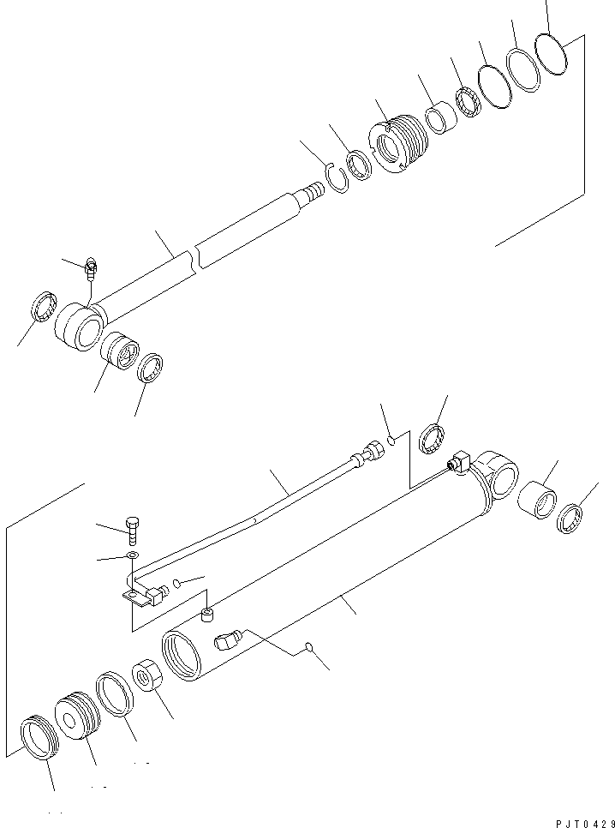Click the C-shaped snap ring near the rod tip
336,181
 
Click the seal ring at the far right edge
570,519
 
